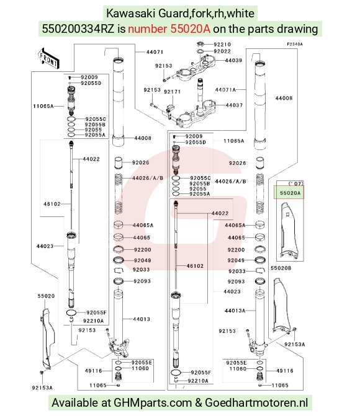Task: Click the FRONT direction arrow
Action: click(48, 59)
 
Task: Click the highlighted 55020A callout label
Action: click(290, 193)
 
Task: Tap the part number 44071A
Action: click(225, 90)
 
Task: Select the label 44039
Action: click(233, 61)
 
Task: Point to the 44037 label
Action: click(234, 105)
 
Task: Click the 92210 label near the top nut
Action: click(222, 44)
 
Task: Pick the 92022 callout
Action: click(222, 51)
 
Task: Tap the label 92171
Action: click(172, 92)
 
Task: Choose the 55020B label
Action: click(281, 268)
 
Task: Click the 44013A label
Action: click(235, 311)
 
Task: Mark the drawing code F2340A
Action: click(295, 44)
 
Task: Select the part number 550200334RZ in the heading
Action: click(78, 29)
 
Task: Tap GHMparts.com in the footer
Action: click(153, 403)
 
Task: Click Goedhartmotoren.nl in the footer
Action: click(256, 403)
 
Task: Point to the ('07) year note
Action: click(295, 184)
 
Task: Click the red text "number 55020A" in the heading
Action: click(169, 29)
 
